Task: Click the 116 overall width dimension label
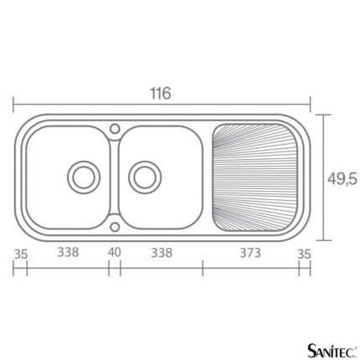coord(161,93)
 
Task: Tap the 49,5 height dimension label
coord(342,179)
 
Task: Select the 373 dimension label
coord(250,253)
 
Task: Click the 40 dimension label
coord(115,252)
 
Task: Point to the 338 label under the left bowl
coord(68,252)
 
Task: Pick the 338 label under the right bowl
coord(162,253)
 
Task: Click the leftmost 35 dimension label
coord(21,255)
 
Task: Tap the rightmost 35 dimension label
coord(304,255)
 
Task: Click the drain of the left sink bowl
coord(84,177)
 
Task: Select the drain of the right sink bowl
coord(145,177)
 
